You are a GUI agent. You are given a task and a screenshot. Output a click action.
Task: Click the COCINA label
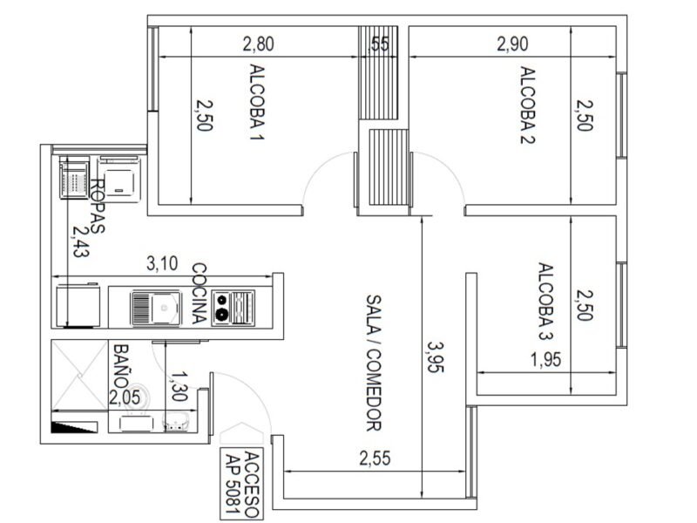click(x=199, y=295)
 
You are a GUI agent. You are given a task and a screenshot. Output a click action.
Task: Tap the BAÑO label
click(x=121, y=366)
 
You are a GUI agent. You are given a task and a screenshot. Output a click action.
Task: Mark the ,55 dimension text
click(x=379, y=44)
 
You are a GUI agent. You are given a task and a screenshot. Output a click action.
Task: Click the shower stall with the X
click(x=78, y=375)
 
